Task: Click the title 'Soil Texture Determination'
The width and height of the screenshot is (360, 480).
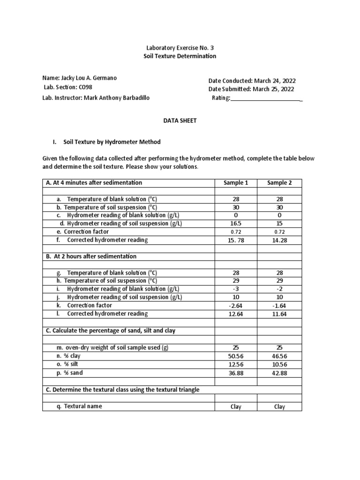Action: pos(180,56)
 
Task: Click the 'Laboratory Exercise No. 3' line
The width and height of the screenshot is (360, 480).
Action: pos(180,48)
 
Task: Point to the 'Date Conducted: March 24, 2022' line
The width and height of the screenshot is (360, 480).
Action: pos(252,81)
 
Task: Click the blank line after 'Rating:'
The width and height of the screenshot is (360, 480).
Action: pos(266,98)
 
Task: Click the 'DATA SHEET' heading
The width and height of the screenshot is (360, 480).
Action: pos(180,120)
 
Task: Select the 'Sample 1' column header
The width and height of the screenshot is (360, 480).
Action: pos(236,183)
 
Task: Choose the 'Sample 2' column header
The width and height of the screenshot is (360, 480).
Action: pos(279,183)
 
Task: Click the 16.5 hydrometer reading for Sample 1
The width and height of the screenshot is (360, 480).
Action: pos(236,224)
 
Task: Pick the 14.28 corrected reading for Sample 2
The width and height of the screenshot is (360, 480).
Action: pos(279,240)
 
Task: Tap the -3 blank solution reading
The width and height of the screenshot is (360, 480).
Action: pos(236,289)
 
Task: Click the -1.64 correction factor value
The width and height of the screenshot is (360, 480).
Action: pos(279,306)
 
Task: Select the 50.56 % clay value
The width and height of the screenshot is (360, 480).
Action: pos(236,356)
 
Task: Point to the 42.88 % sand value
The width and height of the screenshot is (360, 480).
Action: pos(279,373)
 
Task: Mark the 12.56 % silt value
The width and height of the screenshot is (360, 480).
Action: pos(236,365)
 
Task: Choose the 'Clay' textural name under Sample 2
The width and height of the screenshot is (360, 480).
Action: pos(279,407)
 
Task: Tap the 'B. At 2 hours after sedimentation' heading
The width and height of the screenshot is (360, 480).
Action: pos(91,256)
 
